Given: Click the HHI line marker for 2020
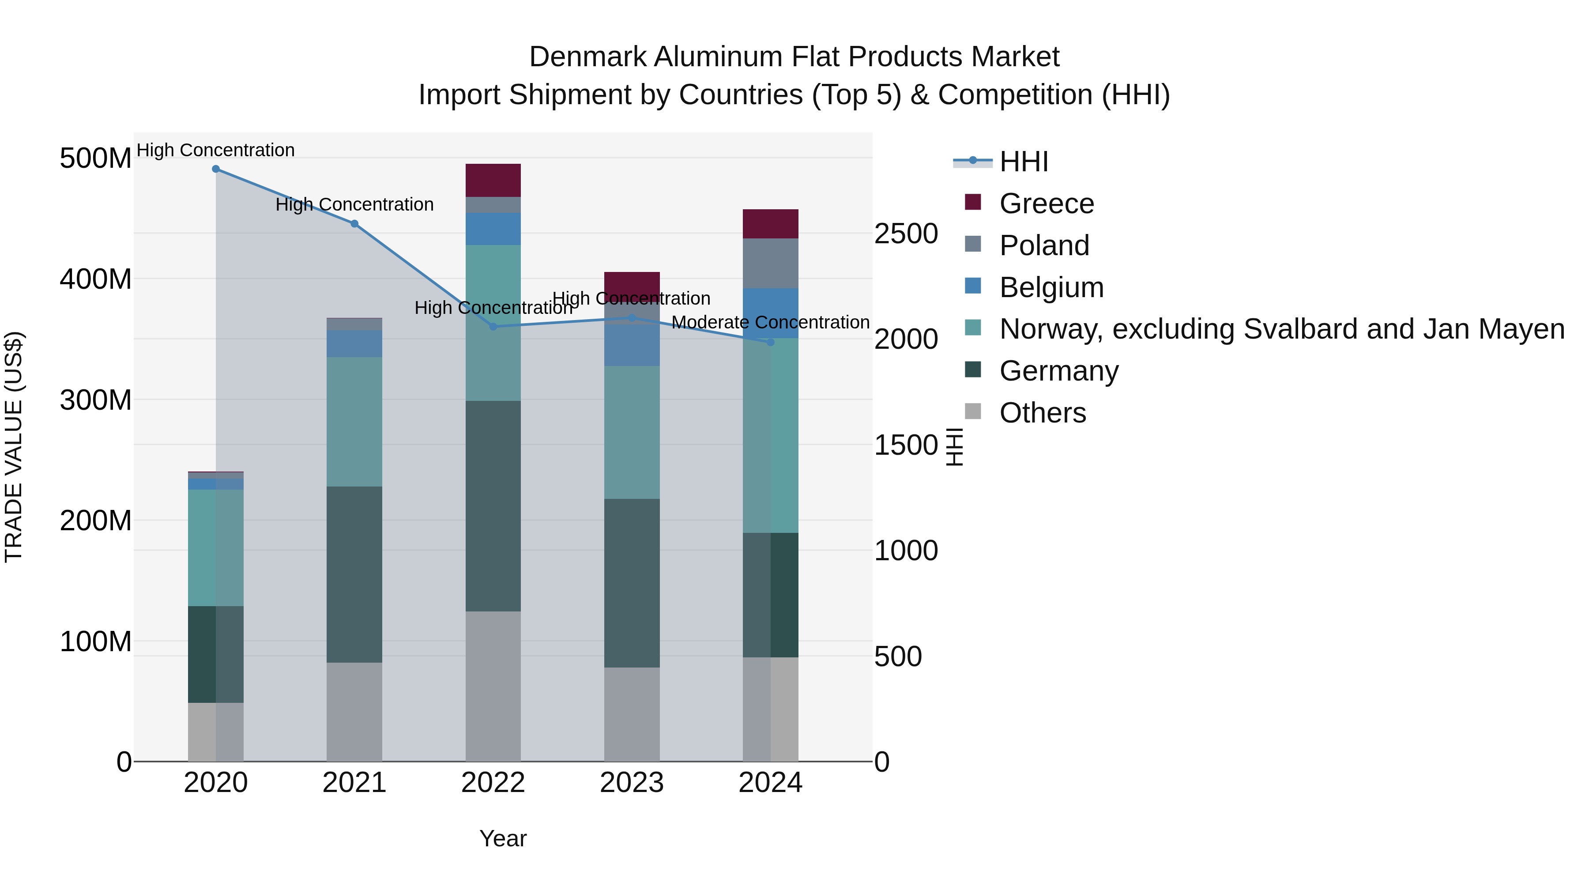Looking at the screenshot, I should [216, 169].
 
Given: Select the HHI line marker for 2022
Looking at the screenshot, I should [493, 326].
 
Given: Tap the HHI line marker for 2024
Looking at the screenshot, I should [770, 342].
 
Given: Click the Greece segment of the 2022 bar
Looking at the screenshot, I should [493, 180].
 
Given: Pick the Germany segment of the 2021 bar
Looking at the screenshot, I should [354, 574].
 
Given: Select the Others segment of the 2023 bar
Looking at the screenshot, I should [632, 714].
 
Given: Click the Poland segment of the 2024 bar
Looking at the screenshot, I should [770, 264].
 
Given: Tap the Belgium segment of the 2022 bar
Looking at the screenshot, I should [493, 229].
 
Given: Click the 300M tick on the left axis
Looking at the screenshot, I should [96, 400].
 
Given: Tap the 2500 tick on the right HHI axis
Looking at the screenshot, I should [906, 234].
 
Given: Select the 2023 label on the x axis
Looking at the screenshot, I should [632, 783].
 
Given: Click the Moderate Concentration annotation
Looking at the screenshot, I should [770, 322].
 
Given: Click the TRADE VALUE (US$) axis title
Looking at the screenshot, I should [14, 447].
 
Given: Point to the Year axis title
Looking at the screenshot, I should [503, 838].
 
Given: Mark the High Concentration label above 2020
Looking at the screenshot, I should [215, 150].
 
